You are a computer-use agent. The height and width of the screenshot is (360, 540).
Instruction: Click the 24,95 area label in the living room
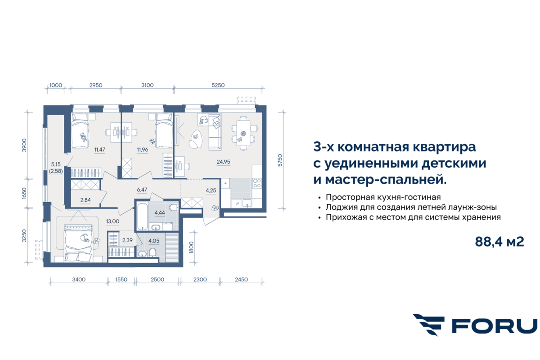coord(223,162)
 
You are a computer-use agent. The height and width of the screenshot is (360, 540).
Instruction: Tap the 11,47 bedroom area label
coord(99,149)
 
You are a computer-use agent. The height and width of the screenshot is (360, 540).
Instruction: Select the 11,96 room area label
coord(143,149)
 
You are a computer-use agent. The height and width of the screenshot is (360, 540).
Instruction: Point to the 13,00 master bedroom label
coord(112,221)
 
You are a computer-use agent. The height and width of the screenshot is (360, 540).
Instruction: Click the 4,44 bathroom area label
coord(160,213)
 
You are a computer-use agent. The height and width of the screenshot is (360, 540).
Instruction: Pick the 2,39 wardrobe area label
coord(127,240)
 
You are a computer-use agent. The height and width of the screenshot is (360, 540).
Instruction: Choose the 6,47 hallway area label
coord(142,190)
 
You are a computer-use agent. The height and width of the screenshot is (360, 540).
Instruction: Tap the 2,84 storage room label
coord(85,200)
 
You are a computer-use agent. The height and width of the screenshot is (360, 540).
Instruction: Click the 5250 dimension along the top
coord(218,85)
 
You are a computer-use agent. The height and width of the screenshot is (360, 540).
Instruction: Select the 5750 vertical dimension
coord(279,160)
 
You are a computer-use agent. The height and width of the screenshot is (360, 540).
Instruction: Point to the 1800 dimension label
coord(191,247)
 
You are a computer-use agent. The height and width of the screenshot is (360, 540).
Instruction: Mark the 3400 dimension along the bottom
coord(79,279)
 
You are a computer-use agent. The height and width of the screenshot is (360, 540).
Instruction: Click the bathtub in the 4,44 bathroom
coord(142,216)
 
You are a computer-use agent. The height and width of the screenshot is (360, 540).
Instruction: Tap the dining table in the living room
coord(243,133)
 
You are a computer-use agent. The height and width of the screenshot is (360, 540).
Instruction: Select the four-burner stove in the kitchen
coord(257,183)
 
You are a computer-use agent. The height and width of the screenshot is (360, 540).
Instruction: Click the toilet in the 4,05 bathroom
coord(153,253)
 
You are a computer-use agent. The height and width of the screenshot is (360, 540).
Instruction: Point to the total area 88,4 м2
coord(499,241)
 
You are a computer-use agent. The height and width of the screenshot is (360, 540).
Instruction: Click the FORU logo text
coord(495,326)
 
